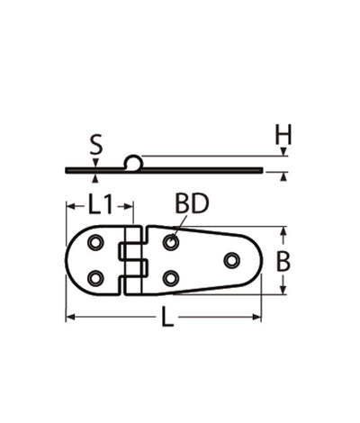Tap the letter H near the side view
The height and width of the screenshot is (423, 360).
tap(283, 136)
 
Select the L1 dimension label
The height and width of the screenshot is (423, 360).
tap(100, 205)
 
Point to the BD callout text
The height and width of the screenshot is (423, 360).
tap(192, 204)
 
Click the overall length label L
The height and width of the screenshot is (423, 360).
tap(166, 318)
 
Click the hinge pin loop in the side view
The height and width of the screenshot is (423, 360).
tap(133, 162)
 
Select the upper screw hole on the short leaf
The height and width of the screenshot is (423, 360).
tap(95, 242)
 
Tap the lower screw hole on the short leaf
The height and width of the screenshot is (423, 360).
tap(95, 278)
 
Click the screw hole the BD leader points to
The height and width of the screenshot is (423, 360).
tap(170, 242)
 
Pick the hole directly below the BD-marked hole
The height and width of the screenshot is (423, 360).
tap(170, 278)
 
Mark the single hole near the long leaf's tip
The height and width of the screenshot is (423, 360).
tap(231, 260)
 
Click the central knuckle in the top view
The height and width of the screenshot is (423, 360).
tap(133, 260)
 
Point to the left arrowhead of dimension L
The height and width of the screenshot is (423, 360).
tap(69, 317)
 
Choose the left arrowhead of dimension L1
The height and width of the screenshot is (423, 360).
tap(69, 205)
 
